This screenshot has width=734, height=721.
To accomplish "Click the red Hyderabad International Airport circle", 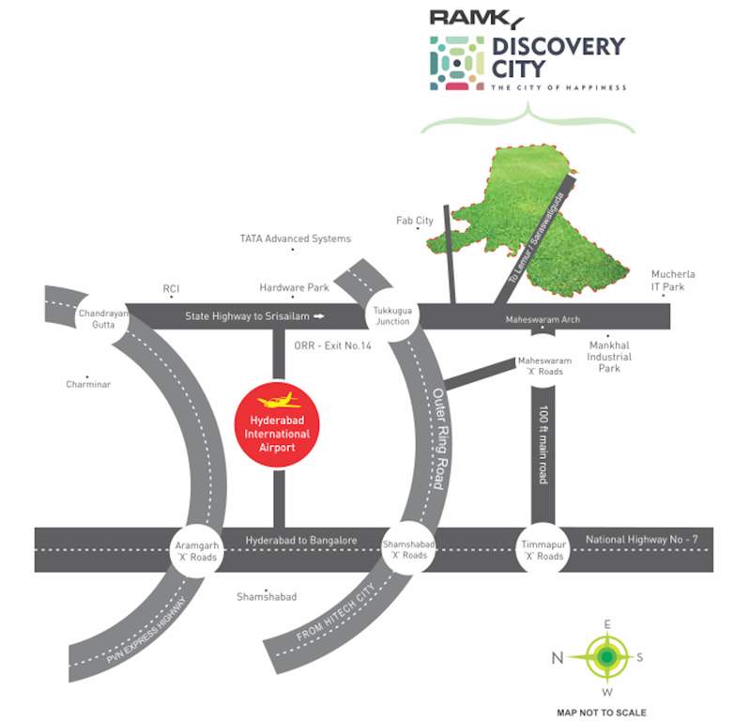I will coord(277,426).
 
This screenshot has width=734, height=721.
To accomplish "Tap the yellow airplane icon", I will coord(278,401).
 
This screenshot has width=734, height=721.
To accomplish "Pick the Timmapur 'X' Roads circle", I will coord(543,549).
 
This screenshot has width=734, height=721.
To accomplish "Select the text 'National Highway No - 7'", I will coord(641,539).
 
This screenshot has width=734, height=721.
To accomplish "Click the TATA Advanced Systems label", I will coord(295,239).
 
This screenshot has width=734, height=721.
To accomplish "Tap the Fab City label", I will coord(414,221).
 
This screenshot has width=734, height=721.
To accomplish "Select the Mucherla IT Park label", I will coord(673,281).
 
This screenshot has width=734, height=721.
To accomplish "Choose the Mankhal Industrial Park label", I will coord(609,357).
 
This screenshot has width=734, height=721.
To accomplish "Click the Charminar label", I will coord(88,384).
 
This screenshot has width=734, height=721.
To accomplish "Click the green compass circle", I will coord(607,656).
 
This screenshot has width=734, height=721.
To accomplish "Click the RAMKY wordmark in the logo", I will coord(476,16).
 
